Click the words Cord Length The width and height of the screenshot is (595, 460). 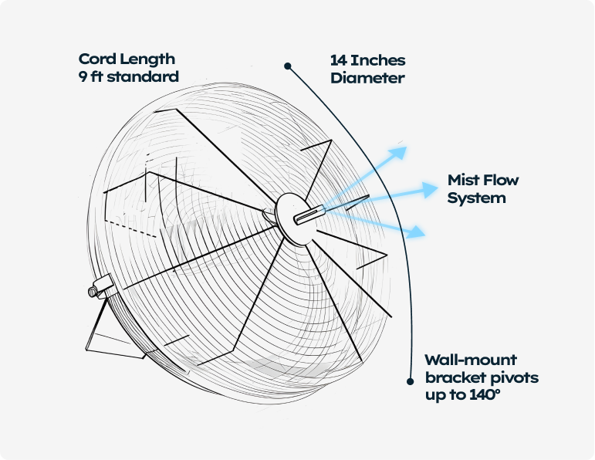click(x=127, y=59)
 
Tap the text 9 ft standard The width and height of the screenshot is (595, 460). click(x=128, y=76)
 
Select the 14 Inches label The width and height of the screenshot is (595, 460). click(x=367, y=60)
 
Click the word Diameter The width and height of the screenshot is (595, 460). click(x=367, y=77)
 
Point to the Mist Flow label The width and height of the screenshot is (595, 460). click(x=483, y=181)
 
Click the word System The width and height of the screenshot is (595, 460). click(x=476, y=198)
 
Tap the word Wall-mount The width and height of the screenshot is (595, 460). click(x=471, y=360)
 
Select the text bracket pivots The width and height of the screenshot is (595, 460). click(x=481, y=378)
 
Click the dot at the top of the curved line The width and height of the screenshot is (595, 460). click(x=288, y=66)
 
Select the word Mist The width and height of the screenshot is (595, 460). click(x=464, y=181)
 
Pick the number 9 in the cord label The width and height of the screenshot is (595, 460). click(x=83, y=76)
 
